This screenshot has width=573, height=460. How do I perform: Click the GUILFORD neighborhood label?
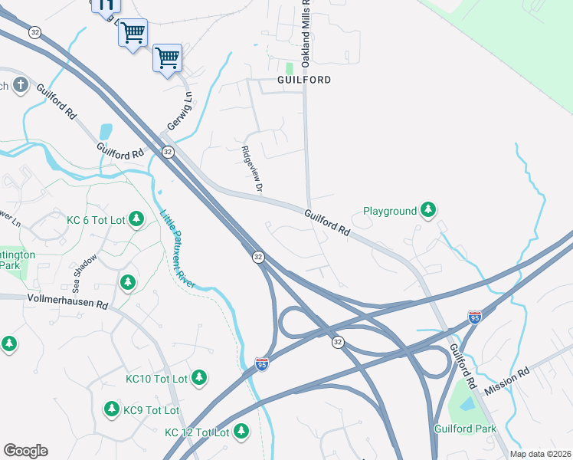(x=304, y=80)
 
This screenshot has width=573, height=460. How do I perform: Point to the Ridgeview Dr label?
(x=251, y=169)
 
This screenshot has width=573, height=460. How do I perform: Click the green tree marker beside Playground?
(x=428, y=210)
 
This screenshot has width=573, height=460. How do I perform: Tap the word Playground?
(x=390, y=210)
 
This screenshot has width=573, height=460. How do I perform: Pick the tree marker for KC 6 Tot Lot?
(x=136, y=220)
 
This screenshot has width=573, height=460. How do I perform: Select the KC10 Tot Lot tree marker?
(x=199, y=378)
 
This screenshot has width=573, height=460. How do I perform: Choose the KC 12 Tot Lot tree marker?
(x=241, y=432)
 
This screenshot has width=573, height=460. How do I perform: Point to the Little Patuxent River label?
(x=177, y=249)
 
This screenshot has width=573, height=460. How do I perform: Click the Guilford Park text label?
(x=465, y=429)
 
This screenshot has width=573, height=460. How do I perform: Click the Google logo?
(x=25, y=450)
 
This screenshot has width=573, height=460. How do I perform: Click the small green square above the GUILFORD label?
(x=290, y=67)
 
